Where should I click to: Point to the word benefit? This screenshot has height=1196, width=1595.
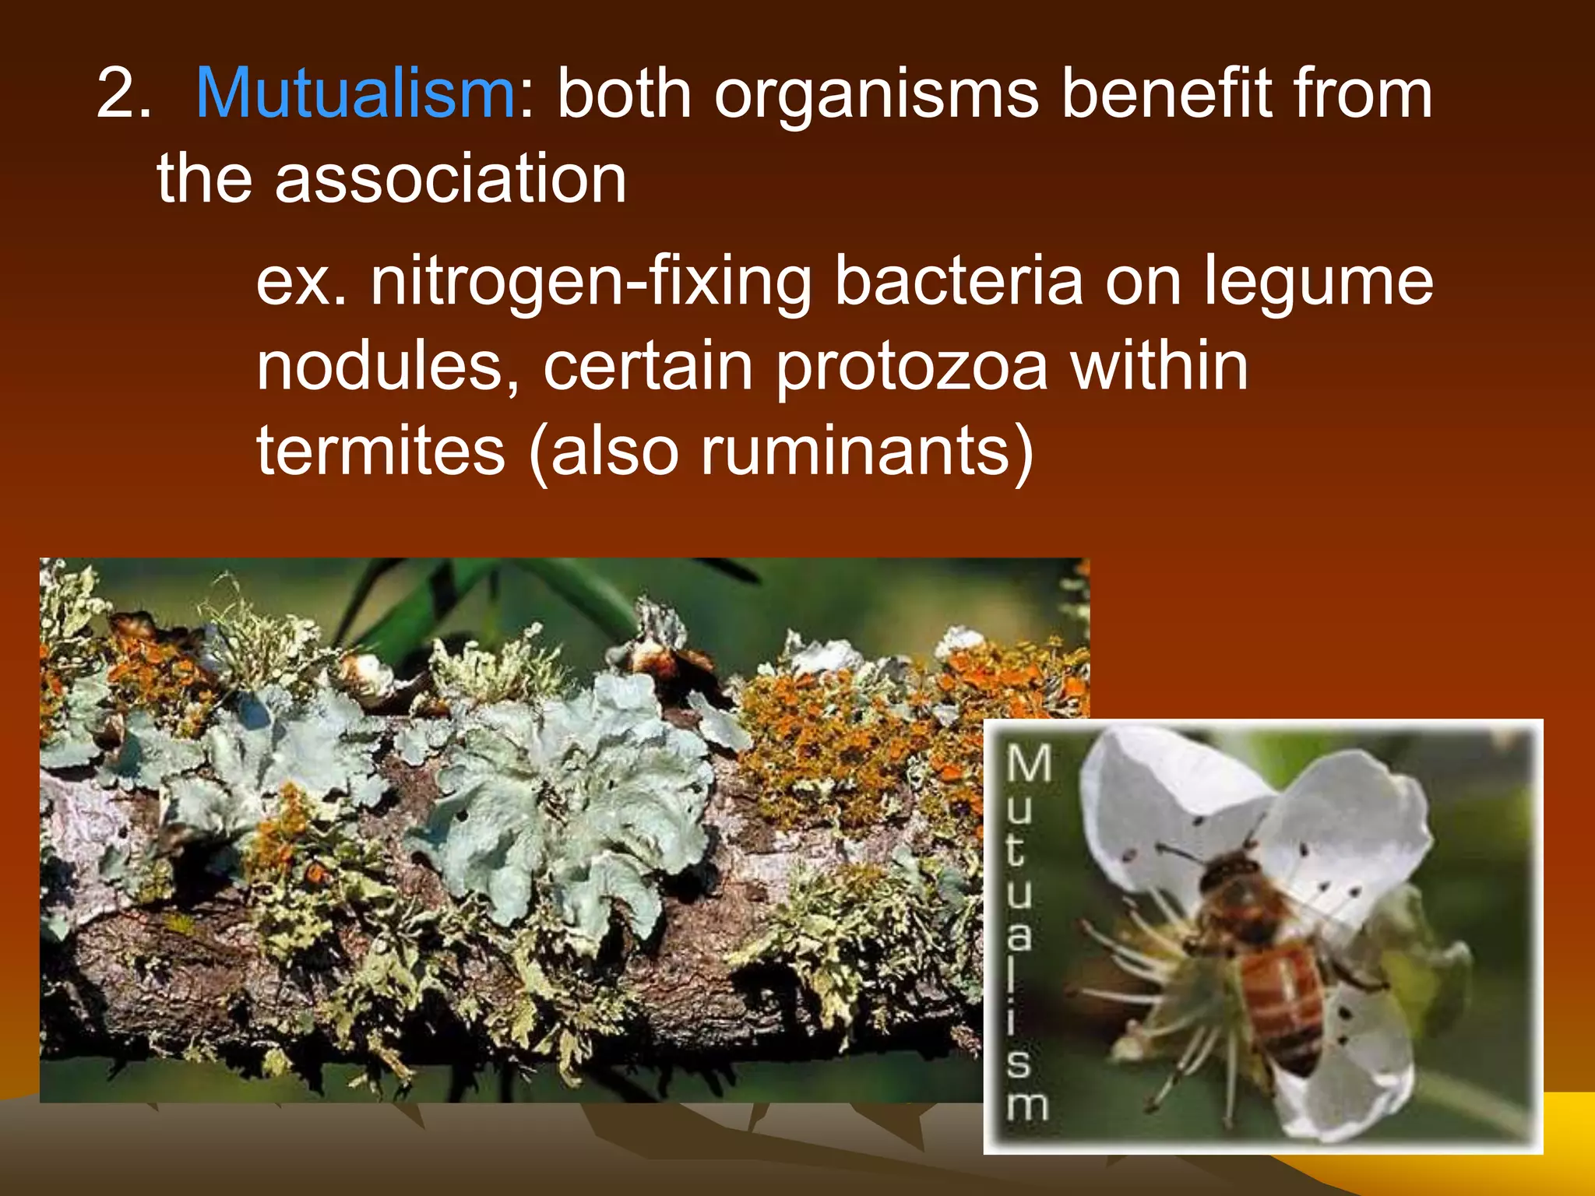(1165, 95)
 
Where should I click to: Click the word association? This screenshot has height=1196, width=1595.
(450, 179)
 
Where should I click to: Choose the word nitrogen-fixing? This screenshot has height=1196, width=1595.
(590, 282)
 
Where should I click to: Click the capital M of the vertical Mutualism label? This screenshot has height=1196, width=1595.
(1028, 763)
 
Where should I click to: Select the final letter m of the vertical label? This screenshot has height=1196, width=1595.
(1026, 1106)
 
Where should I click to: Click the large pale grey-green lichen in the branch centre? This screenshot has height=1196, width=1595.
(576, 786)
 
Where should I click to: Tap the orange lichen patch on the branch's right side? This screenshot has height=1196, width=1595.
(841, 716)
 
